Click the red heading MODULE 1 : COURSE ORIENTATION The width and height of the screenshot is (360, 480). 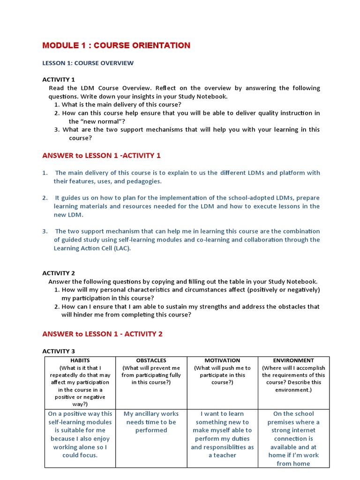click(x=116, y=45)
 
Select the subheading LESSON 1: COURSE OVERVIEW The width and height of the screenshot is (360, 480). click(x=88, y=63)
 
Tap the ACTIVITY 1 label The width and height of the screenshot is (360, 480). click(x=59, y=80)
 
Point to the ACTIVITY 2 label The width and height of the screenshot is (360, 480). click(x=59, y=273)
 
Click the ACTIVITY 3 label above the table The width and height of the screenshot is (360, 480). click(x=59, y=351)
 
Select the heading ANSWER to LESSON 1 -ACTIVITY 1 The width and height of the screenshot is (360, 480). click(x=101, y=156)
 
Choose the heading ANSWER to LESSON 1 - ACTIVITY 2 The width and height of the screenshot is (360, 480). click(x=102, y=334)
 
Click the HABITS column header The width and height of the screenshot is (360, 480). click(x=80, y=360)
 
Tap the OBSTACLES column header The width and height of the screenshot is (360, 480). click(x=151, y=360)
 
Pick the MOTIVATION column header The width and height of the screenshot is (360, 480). click(x=222, y=360)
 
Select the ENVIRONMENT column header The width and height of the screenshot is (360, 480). click(x=293, y=360)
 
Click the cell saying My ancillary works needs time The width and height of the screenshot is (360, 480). click(x=151, y=422)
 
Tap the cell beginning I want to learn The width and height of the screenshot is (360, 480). click(x=222, y=434)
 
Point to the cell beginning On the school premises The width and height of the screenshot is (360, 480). click(x=293, y=438)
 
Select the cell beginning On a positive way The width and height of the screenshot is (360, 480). click(x=80, y=434)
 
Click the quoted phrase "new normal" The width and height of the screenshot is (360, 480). click(x=89, y=121)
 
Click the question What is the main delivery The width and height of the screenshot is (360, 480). click(x=121, y=105)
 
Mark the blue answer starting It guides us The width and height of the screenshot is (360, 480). click(x=187, y=206)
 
